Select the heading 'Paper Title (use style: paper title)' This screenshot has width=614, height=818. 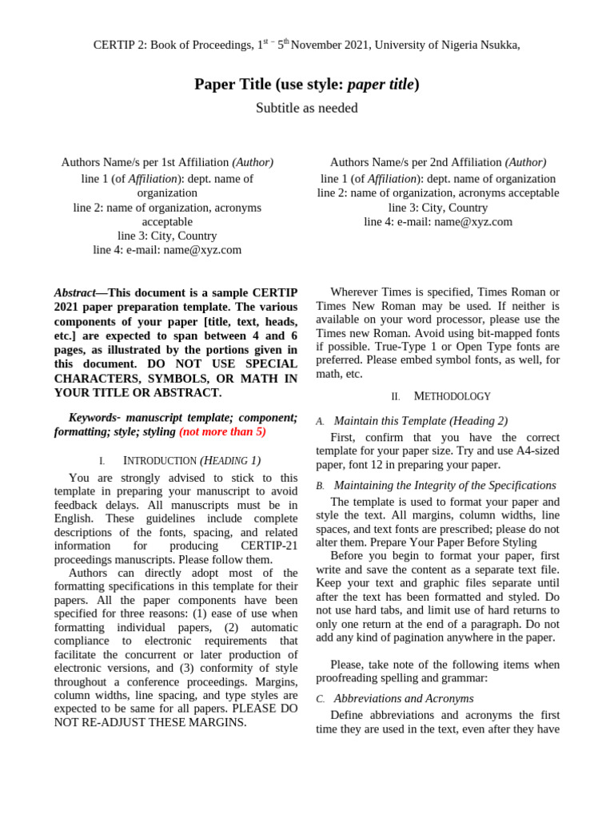pos(307,84)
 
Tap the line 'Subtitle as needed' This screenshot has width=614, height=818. pos(307,108)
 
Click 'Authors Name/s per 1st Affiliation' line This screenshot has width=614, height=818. pos(166,162)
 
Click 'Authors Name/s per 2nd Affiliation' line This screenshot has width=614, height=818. pos(437,162)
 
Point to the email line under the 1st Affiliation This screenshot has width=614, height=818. pos(166,250)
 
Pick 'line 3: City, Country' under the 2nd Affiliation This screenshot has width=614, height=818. pos(437,208)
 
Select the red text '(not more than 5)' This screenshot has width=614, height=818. pos(222,431)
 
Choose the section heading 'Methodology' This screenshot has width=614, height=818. pos(452,396)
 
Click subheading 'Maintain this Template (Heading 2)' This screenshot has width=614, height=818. pos(421,421)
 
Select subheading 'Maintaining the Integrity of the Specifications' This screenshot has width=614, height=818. pos(445,486)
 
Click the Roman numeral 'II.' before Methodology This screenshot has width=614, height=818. pos(395,397)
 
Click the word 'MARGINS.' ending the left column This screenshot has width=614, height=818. pos(221,722)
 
